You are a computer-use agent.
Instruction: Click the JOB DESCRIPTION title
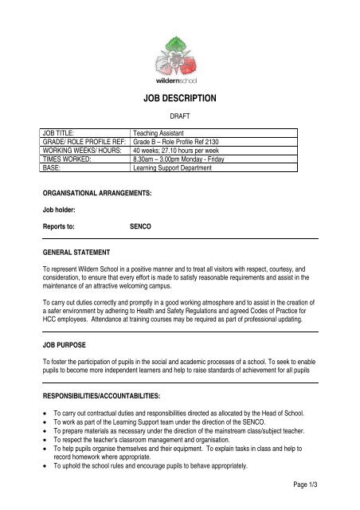point(179,99)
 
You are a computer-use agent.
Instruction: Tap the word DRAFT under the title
point(179,116)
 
